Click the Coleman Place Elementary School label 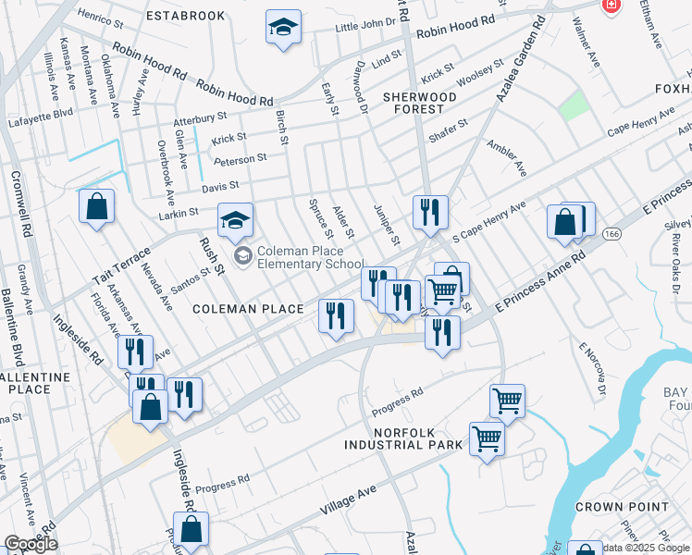pyautogui.click(x=311, y=256)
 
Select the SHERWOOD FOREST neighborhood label pyautogui.click(x=419, y=103)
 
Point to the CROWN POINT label pyautogui.click(x=622, y=507)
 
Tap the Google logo pyautogui.click(x=31, y=544)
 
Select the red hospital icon pyautogui.click(x=611, y=6)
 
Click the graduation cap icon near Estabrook pyautogui.click(x=283, y=28)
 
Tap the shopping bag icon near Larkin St pyautogui.click(x=96, y=207)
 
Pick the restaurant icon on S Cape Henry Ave pyautogui.click(x=429, y=213)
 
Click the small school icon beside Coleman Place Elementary pyautogui.click(x=242, y=255)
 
